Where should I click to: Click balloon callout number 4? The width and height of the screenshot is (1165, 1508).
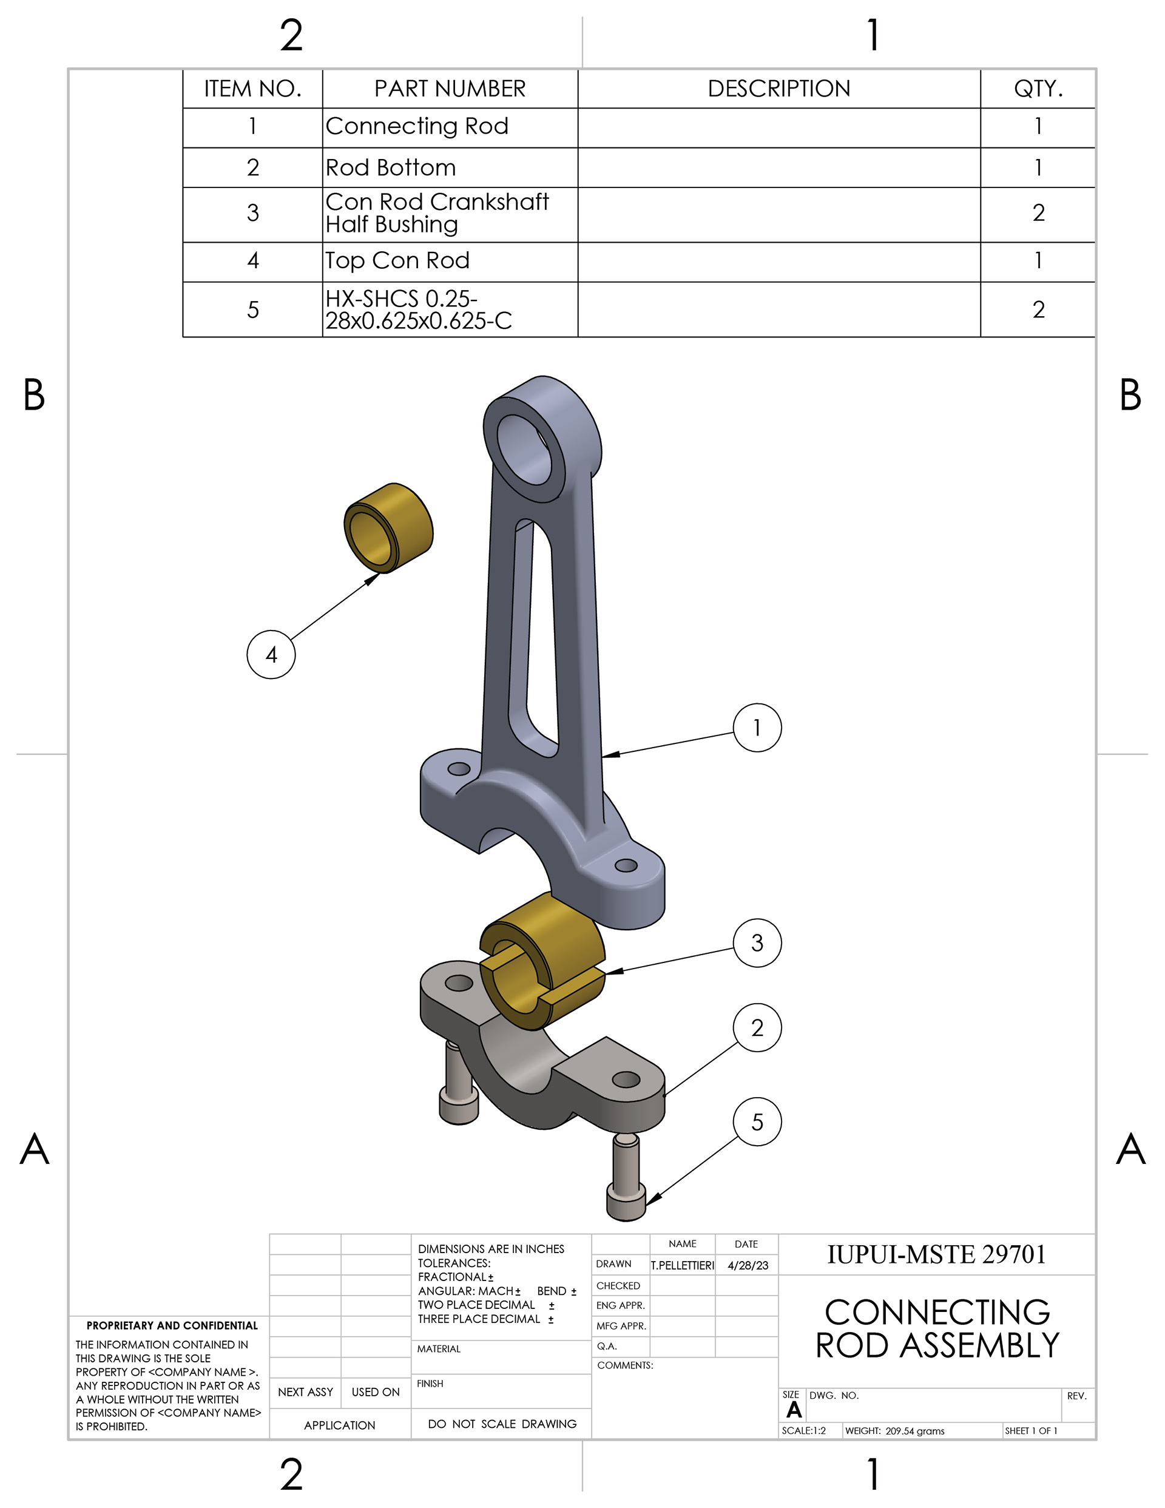(x=271, y=654)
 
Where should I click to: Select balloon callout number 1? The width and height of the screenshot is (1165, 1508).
(x=757, y=728)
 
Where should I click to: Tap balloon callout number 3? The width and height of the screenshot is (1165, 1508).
(x=757, y=942)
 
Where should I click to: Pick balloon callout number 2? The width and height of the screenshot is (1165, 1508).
(x=757, y=1027)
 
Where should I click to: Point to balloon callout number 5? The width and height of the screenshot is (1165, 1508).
(x=757, y=1121)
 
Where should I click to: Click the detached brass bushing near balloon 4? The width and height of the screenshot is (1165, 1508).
(x=388, y=527)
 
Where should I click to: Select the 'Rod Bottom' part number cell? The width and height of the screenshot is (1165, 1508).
(x=450, y=167)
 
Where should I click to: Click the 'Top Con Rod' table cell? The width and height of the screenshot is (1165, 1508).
(x=450, y=262)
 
